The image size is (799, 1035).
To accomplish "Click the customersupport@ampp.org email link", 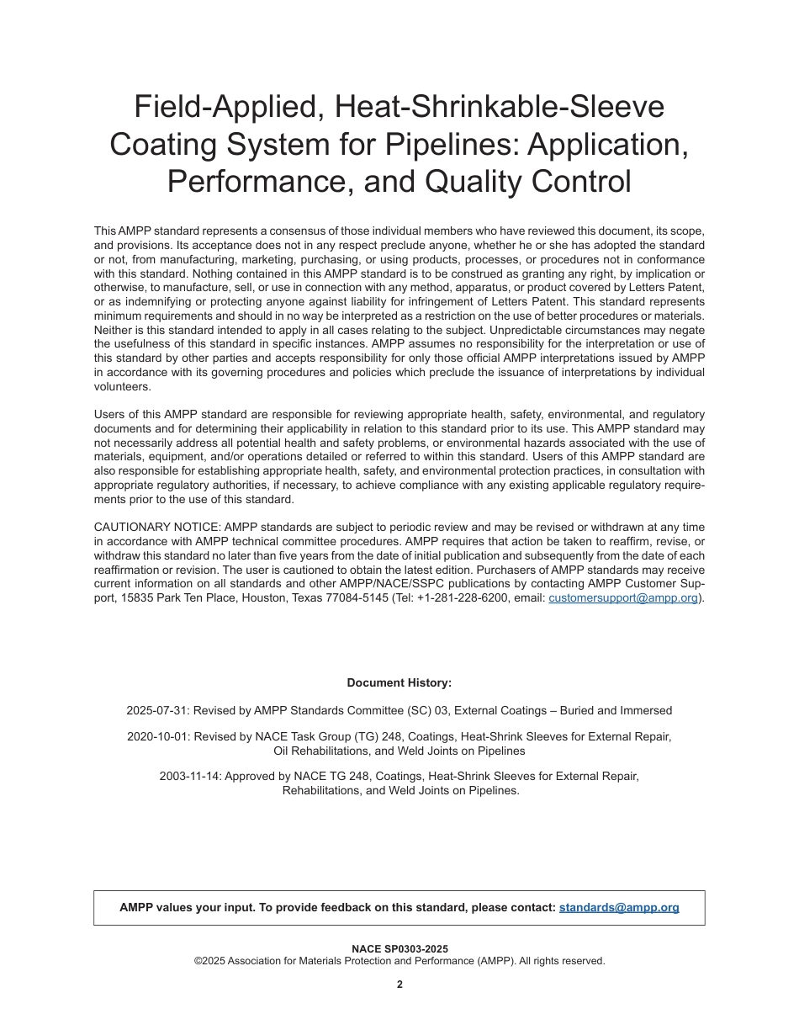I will tap(623, 598).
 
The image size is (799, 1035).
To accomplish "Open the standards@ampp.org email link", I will tap(619, 908).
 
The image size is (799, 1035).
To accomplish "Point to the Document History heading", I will tap(399, 683).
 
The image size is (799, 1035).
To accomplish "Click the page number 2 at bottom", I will tap(399, 985).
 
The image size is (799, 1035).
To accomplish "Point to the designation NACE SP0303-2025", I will tap(399, 949).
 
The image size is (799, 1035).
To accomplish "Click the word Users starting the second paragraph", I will tap(111, 414).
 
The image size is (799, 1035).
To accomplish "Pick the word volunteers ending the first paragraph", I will tap(122, 387).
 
